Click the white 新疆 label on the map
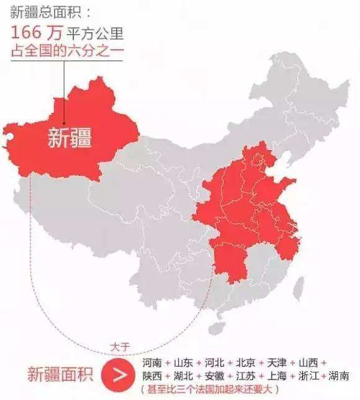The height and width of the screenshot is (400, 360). pos(70,138)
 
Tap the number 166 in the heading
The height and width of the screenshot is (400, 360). pos(29,33)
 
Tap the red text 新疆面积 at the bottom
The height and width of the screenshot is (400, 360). pos(60,375)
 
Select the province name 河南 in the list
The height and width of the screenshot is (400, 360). pos(152,362)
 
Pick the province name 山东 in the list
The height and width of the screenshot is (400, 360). pos(184,362)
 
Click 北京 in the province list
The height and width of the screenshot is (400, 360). pos(246,362)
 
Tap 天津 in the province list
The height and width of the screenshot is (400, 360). pos(277,362)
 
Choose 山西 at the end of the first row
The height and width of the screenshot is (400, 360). pos(308,362)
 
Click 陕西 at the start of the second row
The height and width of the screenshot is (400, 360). pos(152,376)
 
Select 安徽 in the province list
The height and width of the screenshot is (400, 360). pos(215,376)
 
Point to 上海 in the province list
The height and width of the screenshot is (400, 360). pos(277,376)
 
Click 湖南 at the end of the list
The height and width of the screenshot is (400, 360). pos(339,376)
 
